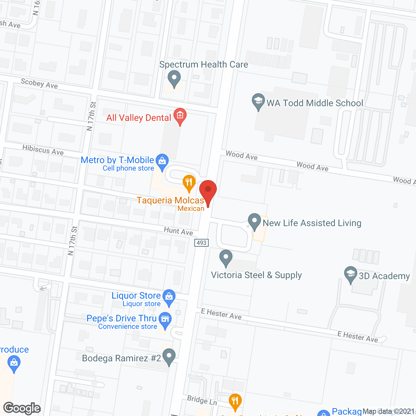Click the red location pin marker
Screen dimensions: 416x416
[208, 190]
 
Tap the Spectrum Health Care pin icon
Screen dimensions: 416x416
[174, 78]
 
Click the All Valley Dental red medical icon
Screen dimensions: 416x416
[180, 116]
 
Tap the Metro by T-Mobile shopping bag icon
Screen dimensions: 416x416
[162, 161]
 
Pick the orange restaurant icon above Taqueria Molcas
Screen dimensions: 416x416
[189, 182]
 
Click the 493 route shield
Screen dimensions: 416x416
[201, 243]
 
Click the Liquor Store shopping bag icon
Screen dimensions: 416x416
[169, 297]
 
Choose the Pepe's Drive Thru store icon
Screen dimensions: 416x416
[165, 319]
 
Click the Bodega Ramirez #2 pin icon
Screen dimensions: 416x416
[169, 356]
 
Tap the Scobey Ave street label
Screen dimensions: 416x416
[39, 84]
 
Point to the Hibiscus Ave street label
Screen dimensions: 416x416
[43, 150]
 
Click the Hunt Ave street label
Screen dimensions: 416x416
[178, 231]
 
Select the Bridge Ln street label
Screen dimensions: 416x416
[202, 400]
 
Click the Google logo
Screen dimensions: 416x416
[22, 408]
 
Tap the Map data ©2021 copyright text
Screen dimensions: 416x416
[388, 411]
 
